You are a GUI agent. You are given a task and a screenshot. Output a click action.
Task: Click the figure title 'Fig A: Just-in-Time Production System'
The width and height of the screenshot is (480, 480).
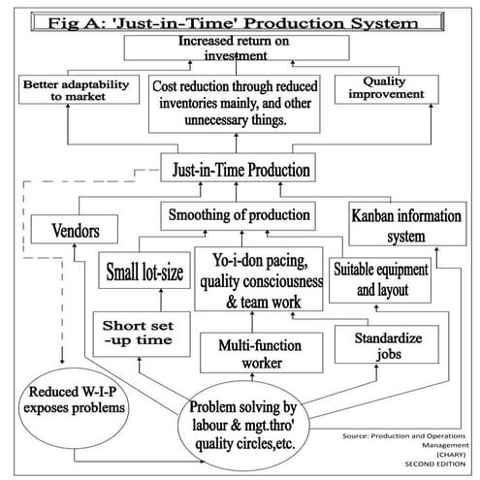[240, 19]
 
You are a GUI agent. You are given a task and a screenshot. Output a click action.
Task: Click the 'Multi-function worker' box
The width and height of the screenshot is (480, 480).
[253, 354]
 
